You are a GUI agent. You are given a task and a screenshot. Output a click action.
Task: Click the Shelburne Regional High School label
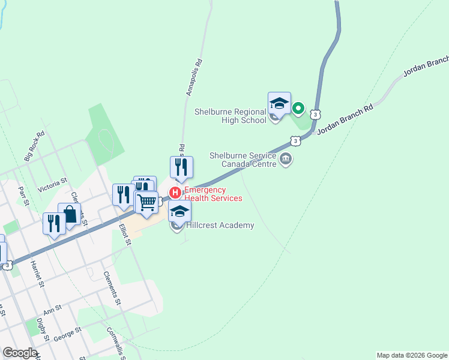(x=231, y=116)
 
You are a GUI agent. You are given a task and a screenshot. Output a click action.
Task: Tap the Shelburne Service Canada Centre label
(x=243, y=159)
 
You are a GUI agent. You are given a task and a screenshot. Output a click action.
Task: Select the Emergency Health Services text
(x=213, y=194)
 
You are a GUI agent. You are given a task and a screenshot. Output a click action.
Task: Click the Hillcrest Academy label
(x=220, y=226)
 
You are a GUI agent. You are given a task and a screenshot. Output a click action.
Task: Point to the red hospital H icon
(x=175, y=193)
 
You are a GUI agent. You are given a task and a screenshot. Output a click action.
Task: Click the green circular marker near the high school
(x=298, y=109)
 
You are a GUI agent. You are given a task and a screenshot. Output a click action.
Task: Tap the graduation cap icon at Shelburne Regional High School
(x=279, y=103)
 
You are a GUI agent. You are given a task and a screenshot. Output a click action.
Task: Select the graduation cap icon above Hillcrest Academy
(x=179, y=211)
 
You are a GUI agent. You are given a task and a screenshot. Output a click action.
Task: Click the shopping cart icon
(x=146, y=203)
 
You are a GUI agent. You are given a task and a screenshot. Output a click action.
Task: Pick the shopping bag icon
(x=70, y=214)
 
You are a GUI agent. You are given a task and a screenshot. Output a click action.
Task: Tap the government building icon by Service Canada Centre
(x=286, y=160)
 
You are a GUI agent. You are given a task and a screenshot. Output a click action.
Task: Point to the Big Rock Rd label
(x=35, y=146)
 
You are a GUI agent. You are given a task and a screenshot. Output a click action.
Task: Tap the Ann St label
(x=53, y=310)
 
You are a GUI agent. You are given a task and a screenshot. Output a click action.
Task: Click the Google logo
(x=20, y=353)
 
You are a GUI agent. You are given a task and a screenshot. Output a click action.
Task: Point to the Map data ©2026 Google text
(x=412, y=355)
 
